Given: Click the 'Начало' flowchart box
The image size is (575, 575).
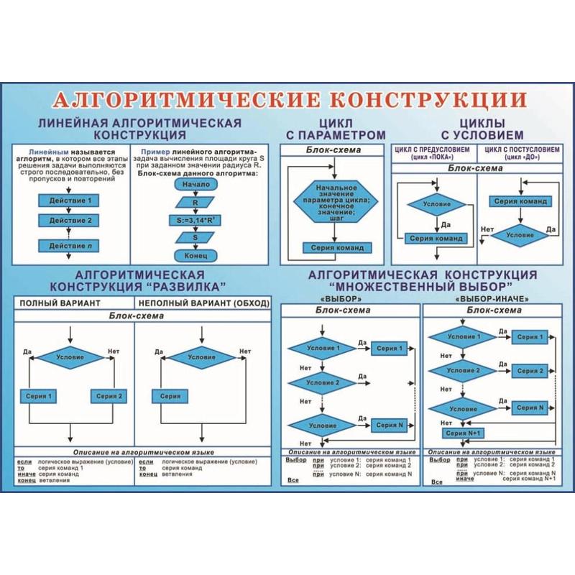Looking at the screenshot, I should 190,184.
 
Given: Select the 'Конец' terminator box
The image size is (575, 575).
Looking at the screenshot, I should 190,255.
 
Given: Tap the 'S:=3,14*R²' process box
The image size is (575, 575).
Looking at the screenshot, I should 190,220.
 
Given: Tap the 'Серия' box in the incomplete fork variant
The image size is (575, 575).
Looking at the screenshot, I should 170,395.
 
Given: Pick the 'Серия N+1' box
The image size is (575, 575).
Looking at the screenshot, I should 464,433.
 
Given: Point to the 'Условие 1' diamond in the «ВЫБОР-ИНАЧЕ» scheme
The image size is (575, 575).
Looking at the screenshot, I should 463,337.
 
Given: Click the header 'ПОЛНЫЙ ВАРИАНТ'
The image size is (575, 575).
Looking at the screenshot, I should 60,303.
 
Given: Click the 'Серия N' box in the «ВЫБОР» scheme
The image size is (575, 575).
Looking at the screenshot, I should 390,425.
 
